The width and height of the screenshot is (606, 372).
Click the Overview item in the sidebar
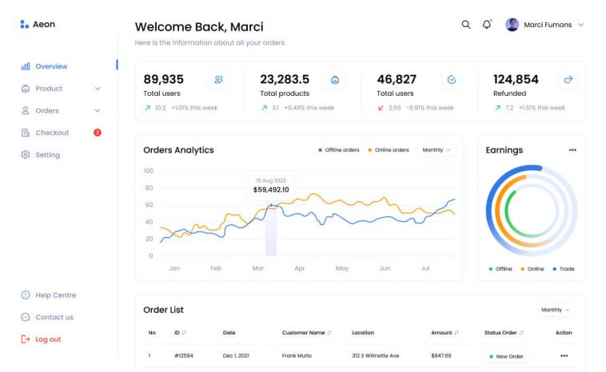pyautogui.click(x=50, y=66)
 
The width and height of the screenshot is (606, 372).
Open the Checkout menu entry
pyautogui.click(x=51, y=133)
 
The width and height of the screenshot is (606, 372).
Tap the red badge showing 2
pyautogui.click(x=98, y=133)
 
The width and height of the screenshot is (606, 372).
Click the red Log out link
pyautogui.click(x=47, y=339)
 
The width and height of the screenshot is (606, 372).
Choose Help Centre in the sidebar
pyautogui.click(x=55, y=295)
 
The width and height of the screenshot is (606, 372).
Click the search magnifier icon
pyautogui.click(x=466, y=25)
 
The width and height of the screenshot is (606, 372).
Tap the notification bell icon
pyautogui.click(x=487, y=25)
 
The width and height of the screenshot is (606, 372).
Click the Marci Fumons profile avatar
pyautogui.click(x=512, y=25)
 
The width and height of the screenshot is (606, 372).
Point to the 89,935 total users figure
pyautogui.click(x=163, y=79)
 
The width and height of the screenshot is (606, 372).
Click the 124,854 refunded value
pyautogui.click(x=516, y=79)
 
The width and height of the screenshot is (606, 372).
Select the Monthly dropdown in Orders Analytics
pyautogui.click(x=437, y=150)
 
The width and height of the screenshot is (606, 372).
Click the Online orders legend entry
pyautogui.click(x=389, y=150)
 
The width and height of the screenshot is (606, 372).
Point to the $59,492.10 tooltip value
pyautogui.click(x=271, y=190)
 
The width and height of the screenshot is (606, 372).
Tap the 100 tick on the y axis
pyautogui.click(x=148, y=171)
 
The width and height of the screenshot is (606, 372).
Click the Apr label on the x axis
pyautogui.click(x=300, y=269)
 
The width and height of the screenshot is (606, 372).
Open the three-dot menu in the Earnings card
pyautogui.click(x=572, y=150)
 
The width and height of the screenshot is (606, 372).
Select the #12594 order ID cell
pyautogui.click(x=185, y=355)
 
